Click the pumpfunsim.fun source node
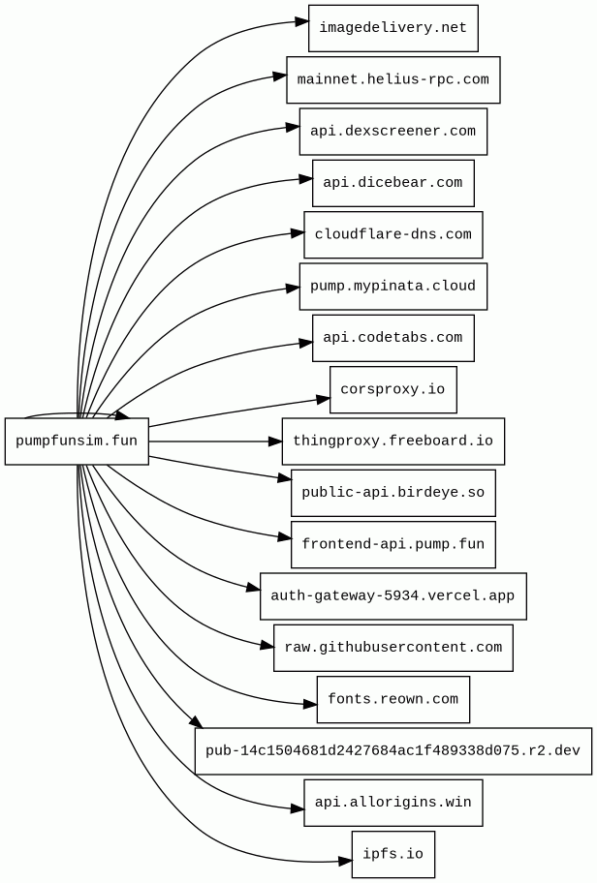tap(77, 441)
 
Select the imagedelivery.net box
tap(393, 28)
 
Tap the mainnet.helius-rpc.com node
tap(393, 80)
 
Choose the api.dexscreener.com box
tap(393, 132)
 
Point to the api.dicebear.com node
tap(393, 183)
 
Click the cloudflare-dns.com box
tap(393, 235)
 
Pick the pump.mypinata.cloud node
tap(393, 286)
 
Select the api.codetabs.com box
tap(393, 338)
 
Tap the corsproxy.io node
tap(393, 389)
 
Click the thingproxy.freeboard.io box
tap(393, 441)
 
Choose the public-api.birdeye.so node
tap(393, 493)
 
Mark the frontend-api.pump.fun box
tap(393, 544)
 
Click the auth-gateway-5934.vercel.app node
tap(393, 596)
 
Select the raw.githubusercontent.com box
tap(393, 648)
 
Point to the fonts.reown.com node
tap(393, 699)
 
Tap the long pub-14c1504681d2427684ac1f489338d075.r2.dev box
tap(393, 751)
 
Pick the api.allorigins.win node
tap(393, 803)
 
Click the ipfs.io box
tap(393, 854)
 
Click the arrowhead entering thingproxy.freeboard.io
tap(275, 441)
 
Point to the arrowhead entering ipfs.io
tap(345, 862)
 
